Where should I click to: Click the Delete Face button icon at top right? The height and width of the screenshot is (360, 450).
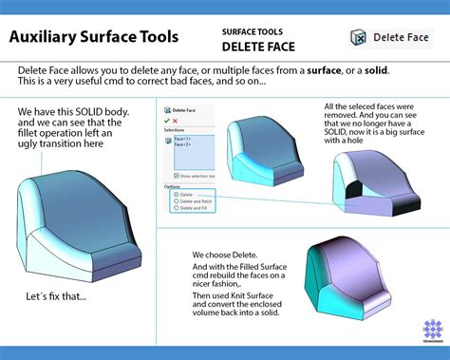point(360,37)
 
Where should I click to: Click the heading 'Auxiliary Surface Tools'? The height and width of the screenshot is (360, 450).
point(92,38)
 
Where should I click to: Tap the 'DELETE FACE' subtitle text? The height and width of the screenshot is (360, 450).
point(259,46)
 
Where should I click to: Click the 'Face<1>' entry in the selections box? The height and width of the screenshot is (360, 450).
point(179,138)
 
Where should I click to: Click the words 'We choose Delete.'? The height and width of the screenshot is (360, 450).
point(226,256)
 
